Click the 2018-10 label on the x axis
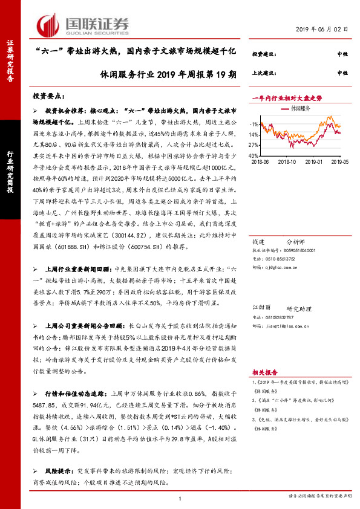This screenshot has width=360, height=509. point(289,162)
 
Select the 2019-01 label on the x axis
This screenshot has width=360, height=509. point(315,162)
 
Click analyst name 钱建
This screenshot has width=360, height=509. point(257,241)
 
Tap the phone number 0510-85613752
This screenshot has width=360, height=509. point(278,258)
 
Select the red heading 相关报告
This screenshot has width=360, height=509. point(264,374)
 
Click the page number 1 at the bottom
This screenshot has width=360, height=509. point(180,498)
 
